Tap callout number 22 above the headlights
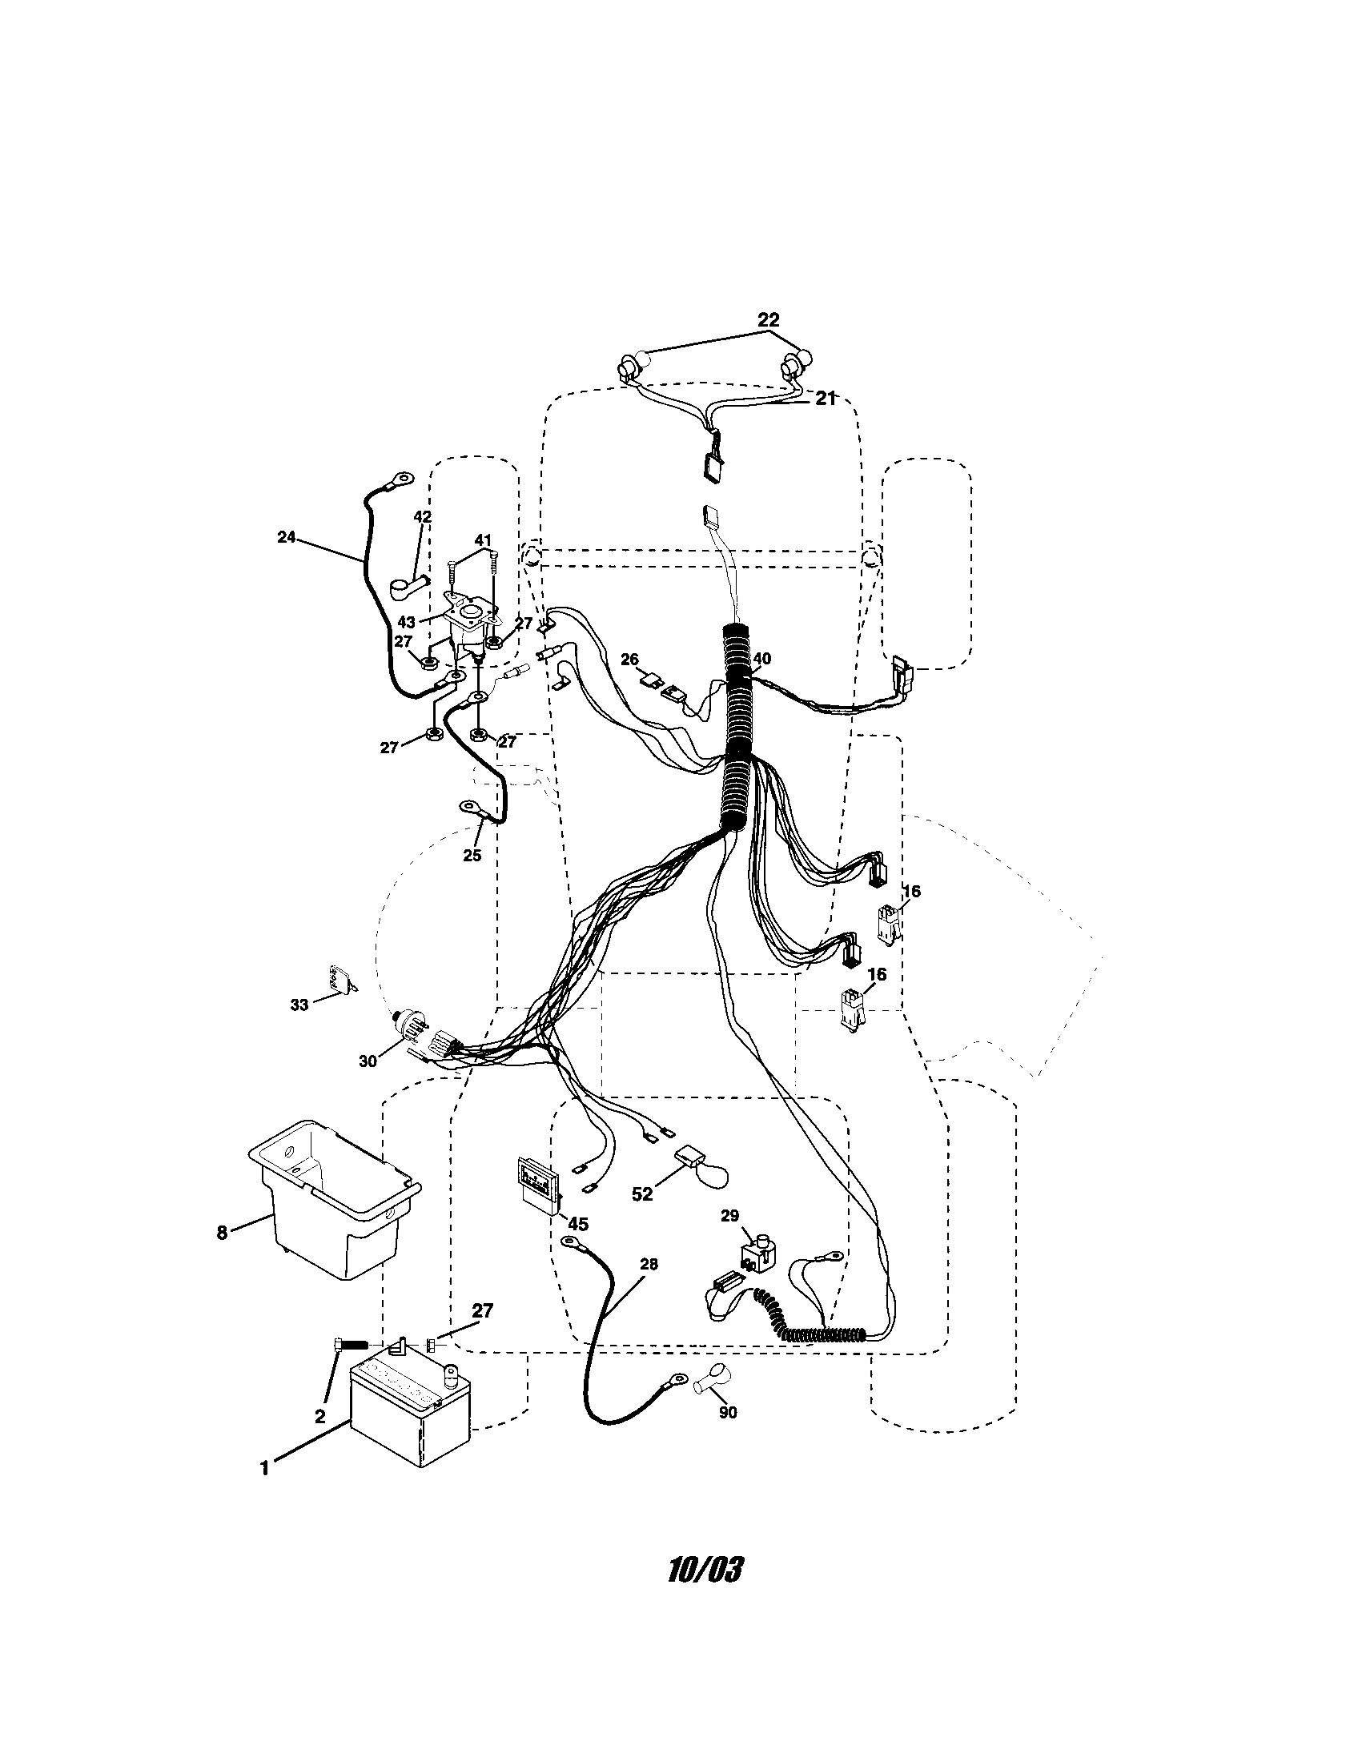coord(768,320)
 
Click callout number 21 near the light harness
coord(824,399)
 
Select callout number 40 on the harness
coord(761,659)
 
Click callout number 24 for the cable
coord(287,537)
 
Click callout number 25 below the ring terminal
coord(472,855)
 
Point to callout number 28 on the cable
coord(648,1264)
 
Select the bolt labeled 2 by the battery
coord(348,1344)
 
